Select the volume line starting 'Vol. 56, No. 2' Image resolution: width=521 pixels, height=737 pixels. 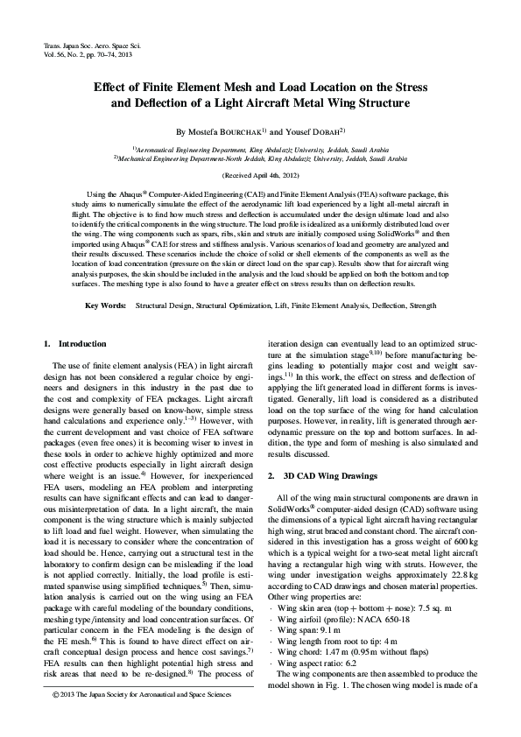(87, 54)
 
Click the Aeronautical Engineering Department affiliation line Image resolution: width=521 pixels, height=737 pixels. (261, 151)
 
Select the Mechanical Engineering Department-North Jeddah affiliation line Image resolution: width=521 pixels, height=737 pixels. (261, 159)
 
